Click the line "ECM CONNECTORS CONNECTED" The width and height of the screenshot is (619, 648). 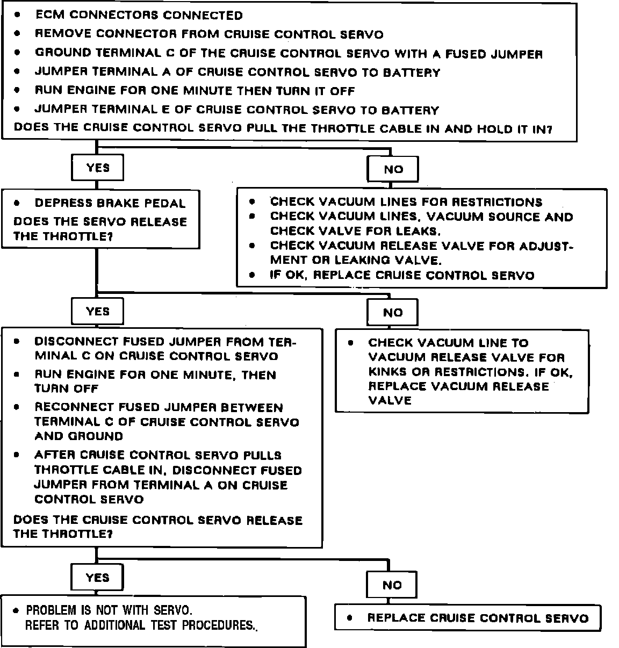click(x=139, y=16)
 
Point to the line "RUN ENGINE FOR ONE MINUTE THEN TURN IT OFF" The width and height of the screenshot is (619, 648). click(x=195, y=91)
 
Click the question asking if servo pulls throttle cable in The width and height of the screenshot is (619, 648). click(x=283, y=129)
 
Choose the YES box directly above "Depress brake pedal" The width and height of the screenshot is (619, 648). click(x=97, y=168)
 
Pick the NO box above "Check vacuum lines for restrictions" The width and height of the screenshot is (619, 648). click(x=393, y=169)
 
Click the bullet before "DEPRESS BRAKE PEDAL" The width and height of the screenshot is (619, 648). click(x=18, y=204)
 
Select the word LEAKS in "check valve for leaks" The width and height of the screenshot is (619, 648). click(x=418, y=232)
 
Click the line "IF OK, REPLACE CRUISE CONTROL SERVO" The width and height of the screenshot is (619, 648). click(x=402, y=276)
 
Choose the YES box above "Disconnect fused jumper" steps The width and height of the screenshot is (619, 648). click(x=97, y=312)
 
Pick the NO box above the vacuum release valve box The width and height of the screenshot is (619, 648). click(x=392, y=313)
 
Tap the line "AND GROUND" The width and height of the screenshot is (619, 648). click(x=78, y=436)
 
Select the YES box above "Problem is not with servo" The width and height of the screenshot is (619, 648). click(x=97, y=578)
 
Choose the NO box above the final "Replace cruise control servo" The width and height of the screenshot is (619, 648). click(x=392, y=585)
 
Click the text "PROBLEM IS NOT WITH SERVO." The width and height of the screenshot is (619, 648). click(x=109, y=610)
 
